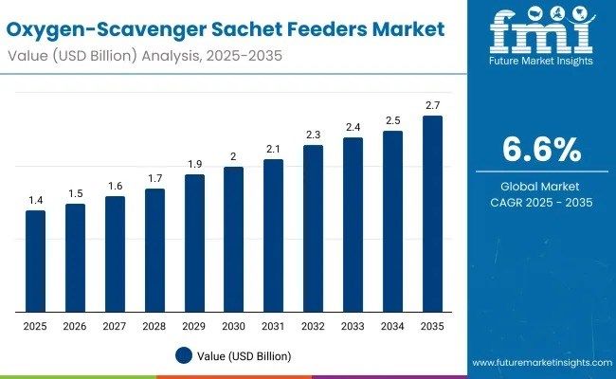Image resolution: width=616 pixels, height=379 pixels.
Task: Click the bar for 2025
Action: (x=35, y=262)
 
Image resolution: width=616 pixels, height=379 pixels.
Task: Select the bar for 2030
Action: (x=233, y=240)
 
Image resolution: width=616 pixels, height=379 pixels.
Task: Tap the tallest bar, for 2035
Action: (x=431, y=214)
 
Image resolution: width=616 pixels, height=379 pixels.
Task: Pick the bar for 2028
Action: (x=154, y=250)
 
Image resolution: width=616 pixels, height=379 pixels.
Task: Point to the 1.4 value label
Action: (x=35, y=200)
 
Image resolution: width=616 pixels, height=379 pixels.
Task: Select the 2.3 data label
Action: (x=313, y=135)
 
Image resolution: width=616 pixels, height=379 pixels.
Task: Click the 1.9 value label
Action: (x=193, y=164)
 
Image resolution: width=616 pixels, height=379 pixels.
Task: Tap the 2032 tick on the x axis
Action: (x=313, y=327)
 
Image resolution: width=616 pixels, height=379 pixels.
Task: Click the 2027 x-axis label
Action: (x=115, y=327)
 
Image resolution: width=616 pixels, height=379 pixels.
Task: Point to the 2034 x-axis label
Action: (x=392, y=327)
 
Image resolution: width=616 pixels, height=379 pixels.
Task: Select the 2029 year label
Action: (x=193, y=327)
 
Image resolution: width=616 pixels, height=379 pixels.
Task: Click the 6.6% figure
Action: (x=541, y=149)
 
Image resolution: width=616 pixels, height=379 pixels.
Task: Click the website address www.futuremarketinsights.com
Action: (x=541, y=363)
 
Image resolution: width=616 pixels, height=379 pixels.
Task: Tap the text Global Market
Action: (x=541, y=187)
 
